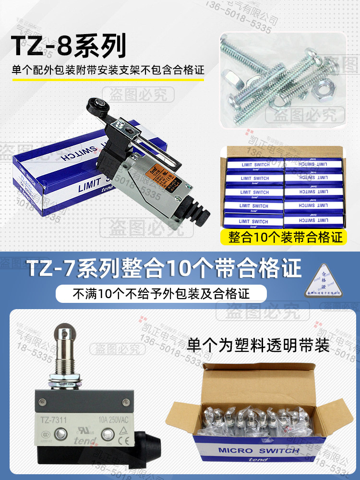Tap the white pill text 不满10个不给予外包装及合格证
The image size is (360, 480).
point(161,293)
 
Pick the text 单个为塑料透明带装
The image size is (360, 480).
point(259,344)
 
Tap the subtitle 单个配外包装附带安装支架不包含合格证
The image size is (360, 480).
point(108,69)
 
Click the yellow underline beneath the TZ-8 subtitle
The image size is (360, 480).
point(108,80)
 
